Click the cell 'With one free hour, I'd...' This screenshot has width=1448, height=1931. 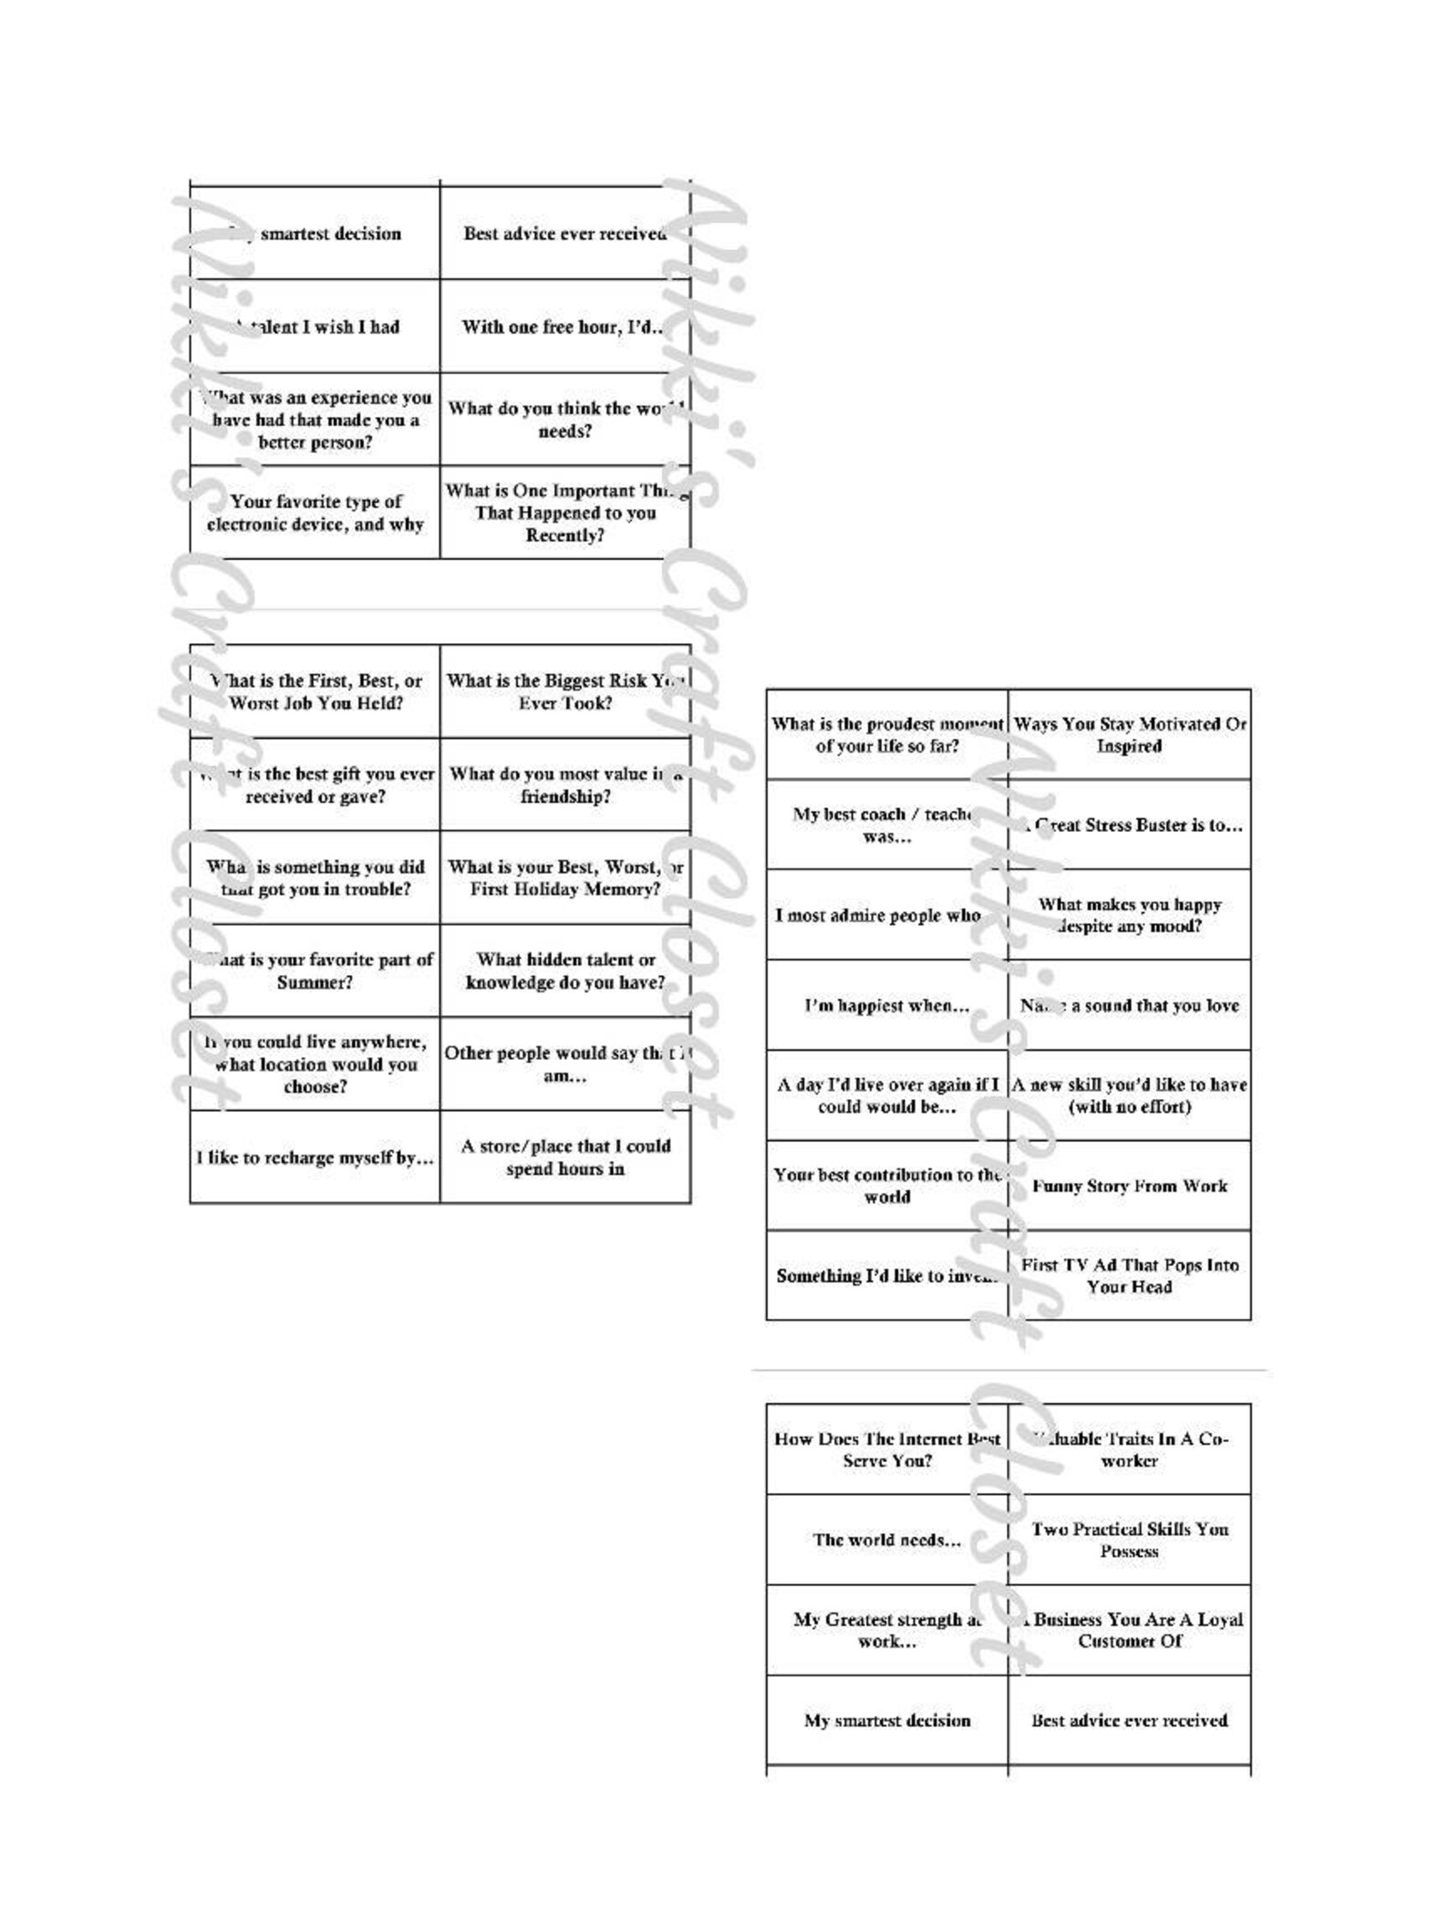564,327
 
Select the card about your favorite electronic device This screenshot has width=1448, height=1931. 315,513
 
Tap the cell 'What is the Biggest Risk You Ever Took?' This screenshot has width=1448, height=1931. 564,691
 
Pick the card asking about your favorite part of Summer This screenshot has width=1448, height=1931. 315,971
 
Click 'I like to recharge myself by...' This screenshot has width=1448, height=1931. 315,1158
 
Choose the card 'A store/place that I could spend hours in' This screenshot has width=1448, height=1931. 564,1158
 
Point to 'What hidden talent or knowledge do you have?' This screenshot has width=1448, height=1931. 564,971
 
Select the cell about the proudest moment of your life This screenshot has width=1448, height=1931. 886,734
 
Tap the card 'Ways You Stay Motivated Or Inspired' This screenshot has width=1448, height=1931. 1129,734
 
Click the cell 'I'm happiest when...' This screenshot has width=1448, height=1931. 886,1005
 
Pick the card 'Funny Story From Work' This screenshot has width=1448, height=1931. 1129,1186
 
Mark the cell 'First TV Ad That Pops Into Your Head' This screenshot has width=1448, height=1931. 1129,1276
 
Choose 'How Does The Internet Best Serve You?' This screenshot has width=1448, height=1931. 886,1449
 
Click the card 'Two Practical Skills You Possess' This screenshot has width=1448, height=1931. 1129,1540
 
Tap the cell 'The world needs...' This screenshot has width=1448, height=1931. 886,1540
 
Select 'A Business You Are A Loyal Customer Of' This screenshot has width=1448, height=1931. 1129,1630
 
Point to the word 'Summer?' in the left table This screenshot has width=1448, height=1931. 315,982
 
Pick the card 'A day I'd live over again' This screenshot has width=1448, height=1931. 886,1095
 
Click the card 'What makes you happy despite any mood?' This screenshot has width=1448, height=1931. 1129,915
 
